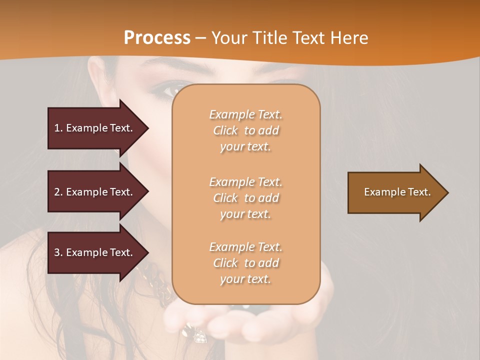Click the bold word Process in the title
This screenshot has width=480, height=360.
(157, 38)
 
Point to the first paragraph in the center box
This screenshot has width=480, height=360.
(245, 130)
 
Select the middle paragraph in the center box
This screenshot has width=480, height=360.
(245, 198)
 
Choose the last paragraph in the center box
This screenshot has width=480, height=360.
(245, 263)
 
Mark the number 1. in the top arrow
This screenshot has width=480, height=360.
(58, 128)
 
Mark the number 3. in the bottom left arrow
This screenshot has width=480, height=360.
(58, 252)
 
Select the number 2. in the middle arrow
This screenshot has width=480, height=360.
(58, 192)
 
